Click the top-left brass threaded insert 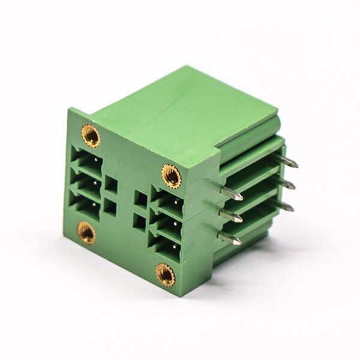pos(91,136)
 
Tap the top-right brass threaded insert pos(172,176)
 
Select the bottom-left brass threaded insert pos(86,232)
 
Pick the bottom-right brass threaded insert pos(166,275)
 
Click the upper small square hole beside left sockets pos(111,184)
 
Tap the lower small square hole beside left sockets pos(110,207)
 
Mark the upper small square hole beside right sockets pos(140,199)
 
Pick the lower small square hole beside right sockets pos(139,222)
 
